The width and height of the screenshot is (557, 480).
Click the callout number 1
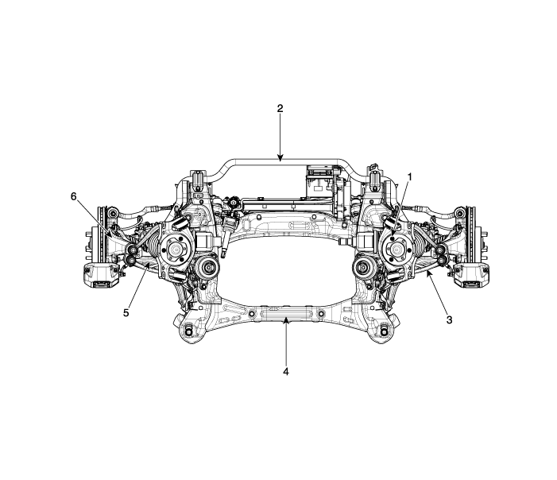click(410, 176)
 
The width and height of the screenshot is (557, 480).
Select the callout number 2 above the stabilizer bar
click(280, 108)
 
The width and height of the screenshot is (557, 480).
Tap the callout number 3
click(450, 319)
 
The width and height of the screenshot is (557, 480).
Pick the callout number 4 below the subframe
click(286, 372)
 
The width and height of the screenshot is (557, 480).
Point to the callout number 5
click(126, 313)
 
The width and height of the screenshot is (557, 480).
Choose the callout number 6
click(74, 196)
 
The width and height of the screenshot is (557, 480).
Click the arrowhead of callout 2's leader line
click(280, 158)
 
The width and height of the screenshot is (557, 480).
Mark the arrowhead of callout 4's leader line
click(286, 321)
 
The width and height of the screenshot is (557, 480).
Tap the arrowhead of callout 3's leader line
click(428, 273)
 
